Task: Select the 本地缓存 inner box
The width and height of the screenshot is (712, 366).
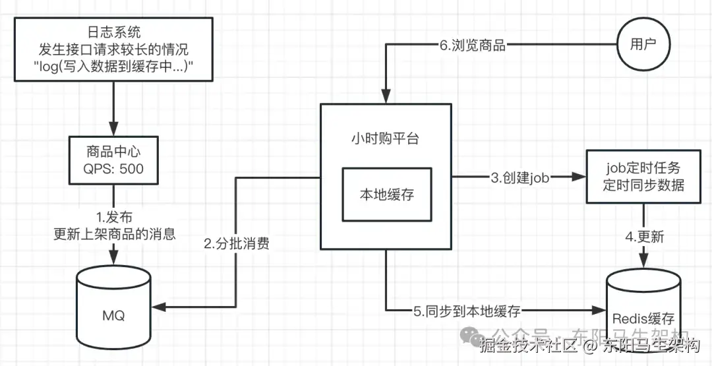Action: [x=387, y=195]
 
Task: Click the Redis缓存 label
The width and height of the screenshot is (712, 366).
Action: [x=643, y=319]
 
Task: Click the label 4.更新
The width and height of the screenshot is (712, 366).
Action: [x=644, y=236]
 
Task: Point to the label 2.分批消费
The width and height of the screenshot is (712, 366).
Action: [x=236, y=243]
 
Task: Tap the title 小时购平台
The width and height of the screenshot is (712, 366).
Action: [x=386, y=138]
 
